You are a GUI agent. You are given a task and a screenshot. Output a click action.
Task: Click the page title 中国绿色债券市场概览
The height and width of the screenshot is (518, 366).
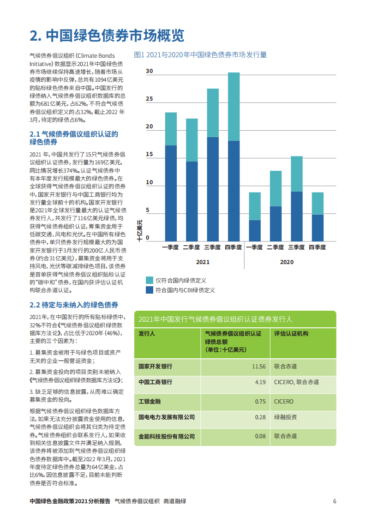(107, 35)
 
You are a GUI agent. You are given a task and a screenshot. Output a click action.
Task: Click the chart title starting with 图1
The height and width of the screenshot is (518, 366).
(200, 55)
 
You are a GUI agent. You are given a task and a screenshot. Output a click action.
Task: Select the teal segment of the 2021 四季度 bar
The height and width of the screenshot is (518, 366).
(234, 107)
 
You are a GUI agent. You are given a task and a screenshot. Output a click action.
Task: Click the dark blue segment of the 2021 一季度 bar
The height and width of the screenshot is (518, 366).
(171, 193)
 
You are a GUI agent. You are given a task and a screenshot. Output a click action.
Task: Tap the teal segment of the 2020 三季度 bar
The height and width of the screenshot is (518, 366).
(296, 174)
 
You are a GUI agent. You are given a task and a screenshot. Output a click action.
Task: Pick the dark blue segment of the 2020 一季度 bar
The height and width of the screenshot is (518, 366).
(255, 230)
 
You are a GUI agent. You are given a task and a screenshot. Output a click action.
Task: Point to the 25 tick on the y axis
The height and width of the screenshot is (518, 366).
(149, 99)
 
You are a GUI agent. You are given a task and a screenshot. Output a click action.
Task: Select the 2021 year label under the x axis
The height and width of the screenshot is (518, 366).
(203, 262)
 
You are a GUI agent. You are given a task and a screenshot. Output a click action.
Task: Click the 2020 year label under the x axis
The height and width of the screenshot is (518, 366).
(287, 262)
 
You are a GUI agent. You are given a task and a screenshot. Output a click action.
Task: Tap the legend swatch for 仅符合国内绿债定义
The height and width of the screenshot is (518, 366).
(150, 280)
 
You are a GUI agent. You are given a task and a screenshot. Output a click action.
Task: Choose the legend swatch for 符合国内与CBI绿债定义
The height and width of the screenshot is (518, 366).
(150, 290)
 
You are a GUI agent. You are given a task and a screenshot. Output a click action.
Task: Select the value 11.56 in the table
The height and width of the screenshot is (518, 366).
(258, 366)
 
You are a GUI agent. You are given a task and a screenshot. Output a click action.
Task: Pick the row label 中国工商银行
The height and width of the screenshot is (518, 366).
(156, 382)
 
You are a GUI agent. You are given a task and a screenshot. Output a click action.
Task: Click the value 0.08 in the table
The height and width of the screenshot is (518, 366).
(260, 436)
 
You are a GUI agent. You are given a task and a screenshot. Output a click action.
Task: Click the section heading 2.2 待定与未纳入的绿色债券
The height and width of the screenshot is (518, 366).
(74, 305)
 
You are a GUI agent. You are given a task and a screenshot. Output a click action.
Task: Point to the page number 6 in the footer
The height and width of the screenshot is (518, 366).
(335, 501)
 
